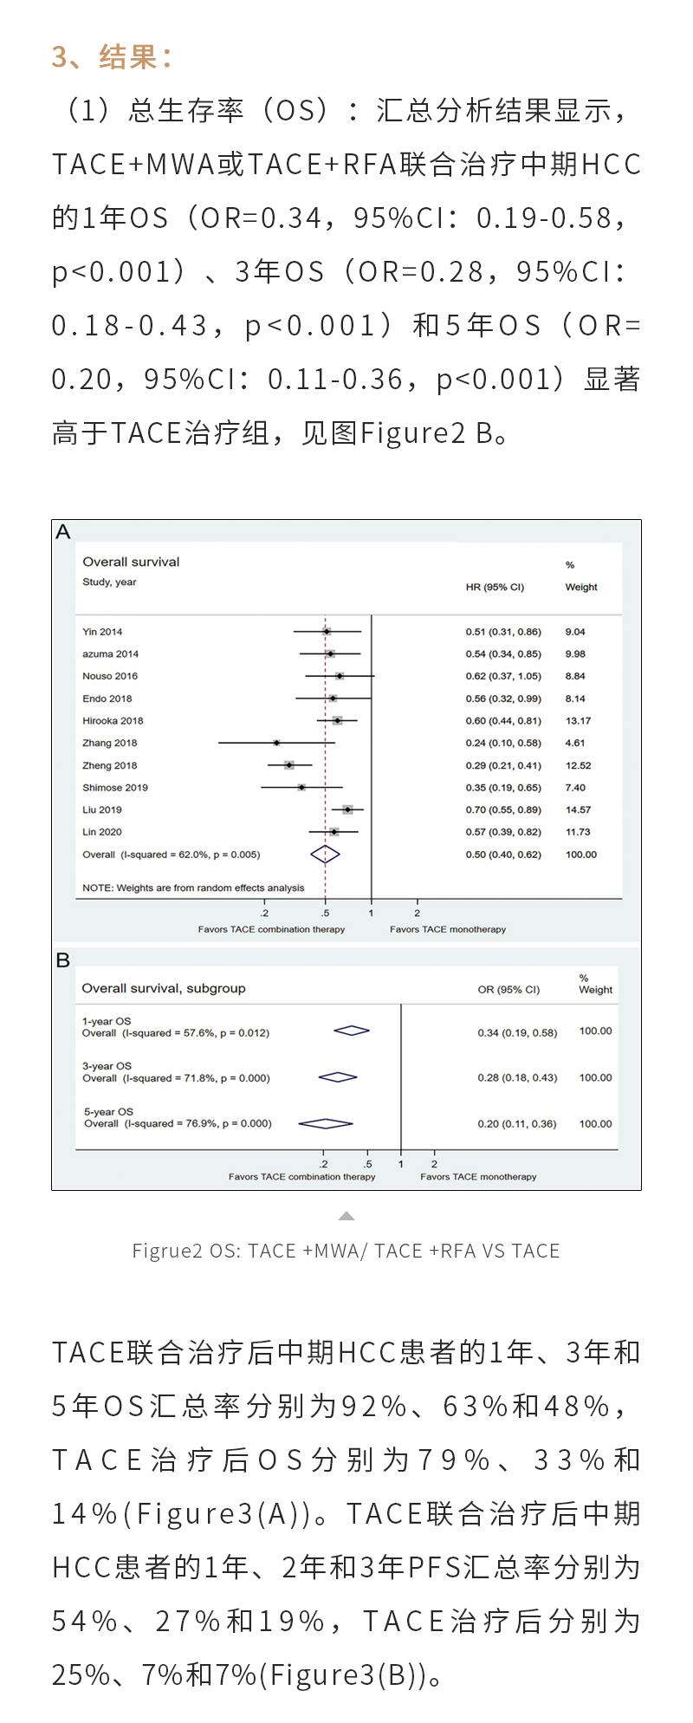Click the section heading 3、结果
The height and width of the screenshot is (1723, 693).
click(x=112, y=57)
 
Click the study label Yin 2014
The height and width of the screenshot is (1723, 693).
click(x=102, y=632)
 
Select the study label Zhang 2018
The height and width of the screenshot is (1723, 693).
click(x=109, y=743)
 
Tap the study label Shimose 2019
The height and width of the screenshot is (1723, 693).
click(x=115, y=788)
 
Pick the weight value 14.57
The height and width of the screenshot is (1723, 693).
click(x=578, y=809)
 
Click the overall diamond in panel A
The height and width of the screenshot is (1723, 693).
click(x=325, y=855)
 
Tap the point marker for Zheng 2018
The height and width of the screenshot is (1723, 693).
click(x=289, y=765)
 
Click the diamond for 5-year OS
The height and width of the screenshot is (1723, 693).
click(x=325, y=1124)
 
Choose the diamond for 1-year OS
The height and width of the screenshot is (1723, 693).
click(x=352, y=1031)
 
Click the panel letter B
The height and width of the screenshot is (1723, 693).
click(x=62, y=960)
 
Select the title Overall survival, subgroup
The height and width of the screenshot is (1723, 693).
click(x=164, y=988)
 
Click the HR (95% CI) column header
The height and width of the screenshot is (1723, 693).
click(x=495, y=587)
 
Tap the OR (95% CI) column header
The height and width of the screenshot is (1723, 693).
click(x=508, y=989)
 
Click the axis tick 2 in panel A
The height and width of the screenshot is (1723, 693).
click(x=418, y=913)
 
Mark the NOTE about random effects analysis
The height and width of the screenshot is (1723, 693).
click(x=193, y=888)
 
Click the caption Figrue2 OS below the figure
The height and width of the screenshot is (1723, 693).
click(x=346, y=1251)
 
